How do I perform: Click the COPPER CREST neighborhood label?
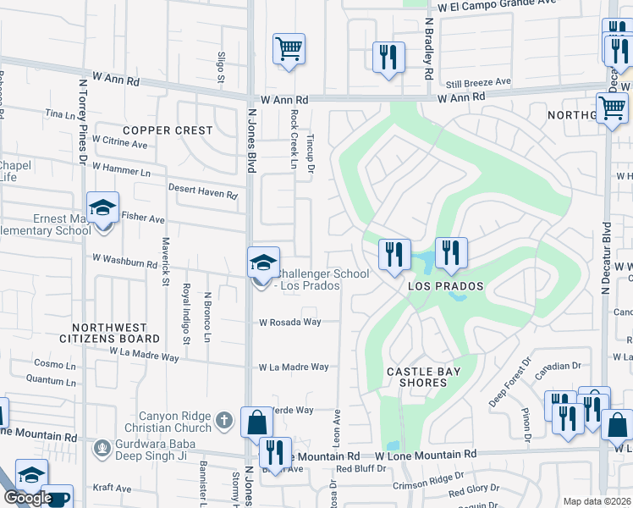pyautogui.click(x=167, y=130)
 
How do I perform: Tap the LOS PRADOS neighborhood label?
pyautogui.click(x=445, y=286)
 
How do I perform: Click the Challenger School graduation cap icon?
pyautogui.click(x=262, y=263)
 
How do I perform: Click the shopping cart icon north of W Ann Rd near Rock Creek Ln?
pyautogui.click(x=289, y=48)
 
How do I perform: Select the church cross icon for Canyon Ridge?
pyautogui.click(x=224, y=419)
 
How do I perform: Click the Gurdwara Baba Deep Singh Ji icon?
pyautogui.click(x=102, y=446)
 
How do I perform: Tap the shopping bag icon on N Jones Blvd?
pyautogui.click(x=256, y=422)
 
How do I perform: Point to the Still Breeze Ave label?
pyautogui.click(x=479, y=82)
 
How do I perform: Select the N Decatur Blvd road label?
pyautogui.click(x=607, y=258)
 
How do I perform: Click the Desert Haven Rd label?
pyautogui.click(x=202, y=192)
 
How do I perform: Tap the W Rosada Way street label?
pyautogui.click(x=290, y=323)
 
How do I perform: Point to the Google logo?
pyautogui.click(x=28, y=498)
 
